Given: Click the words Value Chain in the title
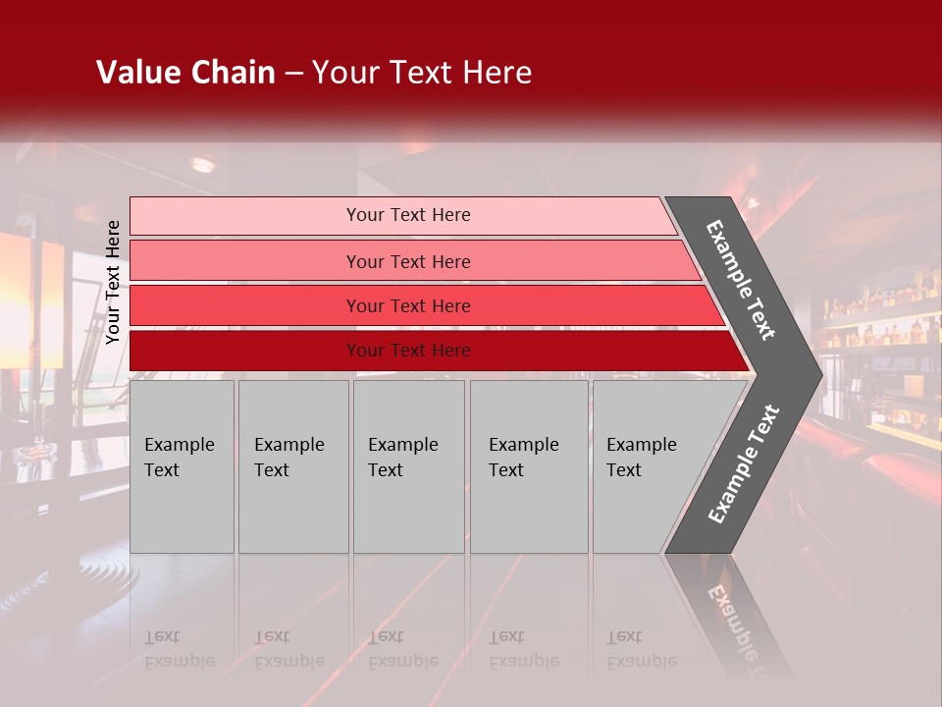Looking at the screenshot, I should (185, 73).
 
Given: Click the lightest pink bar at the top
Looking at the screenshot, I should (245, 216).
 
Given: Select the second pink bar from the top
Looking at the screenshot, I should (245, 261).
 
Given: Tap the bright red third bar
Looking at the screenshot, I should (245, 305).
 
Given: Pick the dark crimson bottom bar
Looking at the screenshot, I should (245, 351).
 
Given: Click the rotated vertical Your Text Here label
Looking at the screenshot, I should (113, 282).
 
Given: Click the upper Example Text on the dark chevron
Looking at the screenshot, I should (741, 280).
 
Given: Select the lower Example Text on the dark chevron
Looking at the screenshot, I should (744, 463).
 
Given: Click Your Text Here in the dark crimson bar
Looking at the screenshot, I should (408, 351).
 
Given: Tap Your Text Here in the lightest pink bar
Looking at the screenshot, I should (408, 215).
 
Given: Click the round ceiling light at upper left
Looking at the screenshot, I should (202, 165).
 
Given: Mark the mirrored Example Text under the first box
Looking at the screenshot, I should (179, 649).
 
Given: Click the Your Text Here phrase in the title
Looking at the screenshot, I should (422, 73).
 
